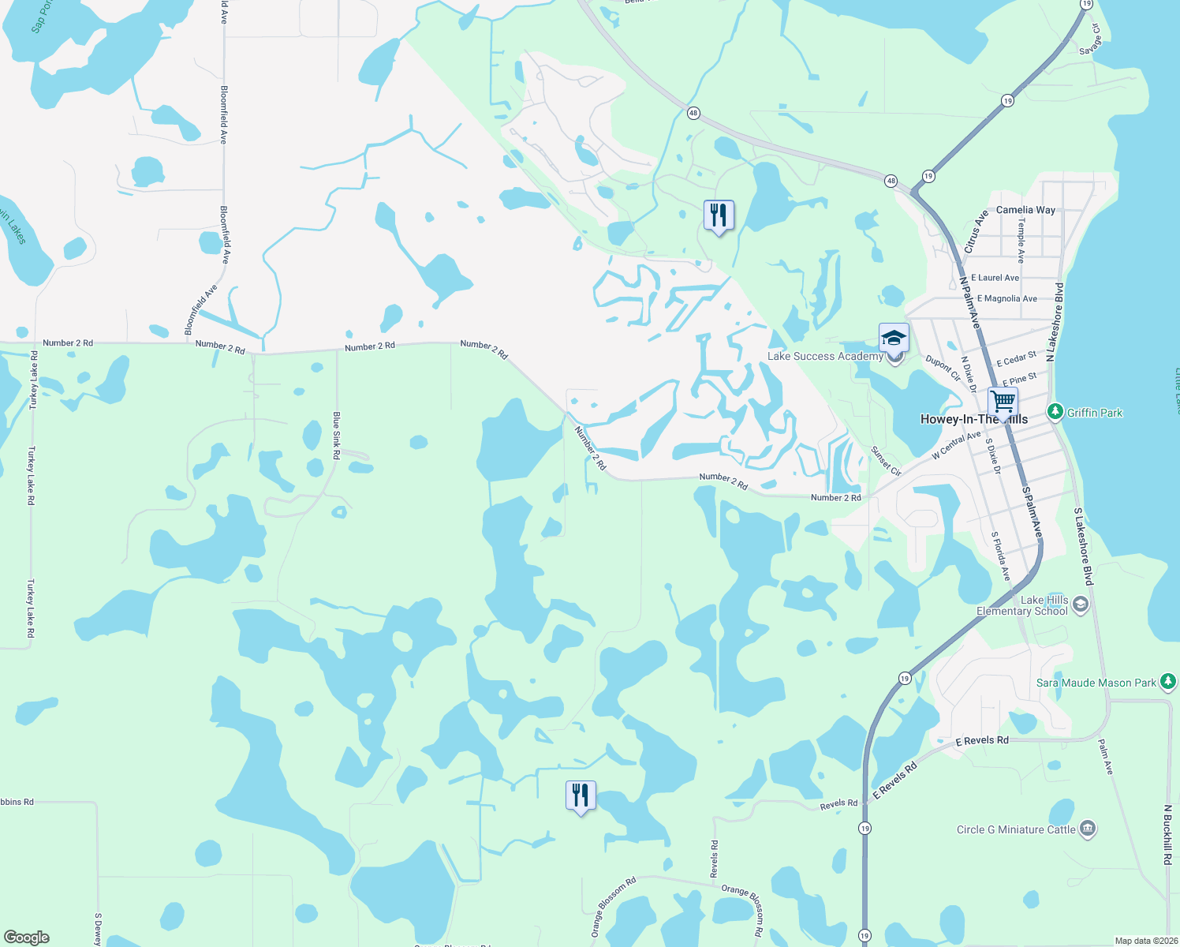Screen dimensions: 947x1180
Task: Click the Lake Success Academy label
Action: click(x=825, y=357)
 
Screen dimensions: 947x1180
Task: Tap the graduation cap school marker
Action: click(x=893, y=338)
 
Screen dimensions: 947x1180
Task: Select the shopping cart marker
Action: click(x=1003, y=402)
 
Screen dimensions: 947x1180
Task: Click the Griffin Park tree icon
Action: click(x=1055, y=412)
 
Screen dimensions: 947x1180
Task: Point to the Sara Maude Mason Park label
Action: click(x=1096, y=683)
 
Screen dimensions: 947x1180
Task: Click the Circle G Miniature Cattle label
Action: click(x=1016, y=829)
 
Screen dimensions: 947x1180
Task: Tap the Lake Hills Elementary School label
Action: click(x=1022, y=605)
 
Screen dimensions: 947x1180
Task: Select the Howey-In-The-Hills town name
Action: click(x=974, y=419)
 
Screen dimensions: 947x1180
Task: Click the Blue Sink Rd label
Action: click(x=336, y=436)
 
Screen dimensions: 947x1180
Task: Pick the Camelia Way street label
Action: click(x=1025, y=210)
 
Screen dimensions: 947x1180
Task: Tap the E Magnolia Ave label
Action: click(x=1006, y=298)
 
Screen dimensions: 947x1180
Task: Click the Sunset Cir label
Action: click(x=886, y=461)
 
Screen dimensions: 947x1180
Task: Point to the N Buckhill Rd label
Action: click(x=1167, y=835)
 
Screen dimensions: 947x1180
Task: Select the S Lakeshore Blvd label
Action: click(x=1084, y=546)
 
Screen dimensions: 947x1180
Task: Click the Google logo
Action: click(x=27, y=938)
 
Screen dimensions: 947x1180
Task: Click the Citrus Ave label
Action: click(x=976, y=231)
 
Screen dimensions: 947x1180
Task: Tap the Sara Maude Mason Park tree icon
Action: click(x=1168, y=682)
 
